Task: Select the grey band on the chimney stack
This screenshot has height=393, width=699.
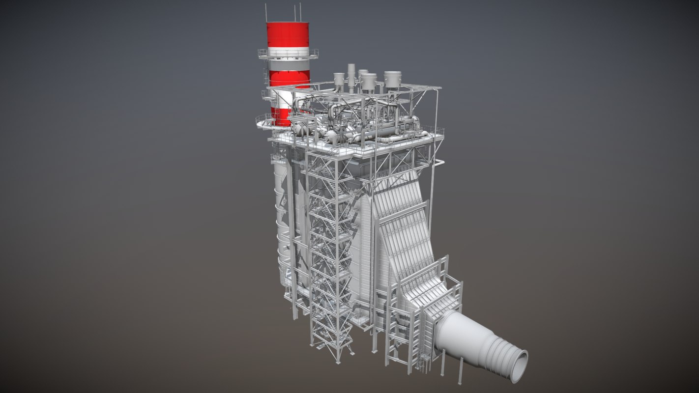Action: coord(289,63)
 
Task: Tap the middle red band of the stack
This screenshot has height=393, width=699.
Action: coord(289,79)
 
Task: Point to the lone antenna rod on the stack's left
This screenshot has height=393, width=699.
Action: coord(266,13)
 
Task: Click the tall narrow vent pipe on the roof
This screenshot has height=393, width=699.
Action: coord(351,76)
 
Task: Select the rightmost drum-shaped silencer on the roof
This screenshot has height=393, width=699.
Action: coord(392,80)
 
